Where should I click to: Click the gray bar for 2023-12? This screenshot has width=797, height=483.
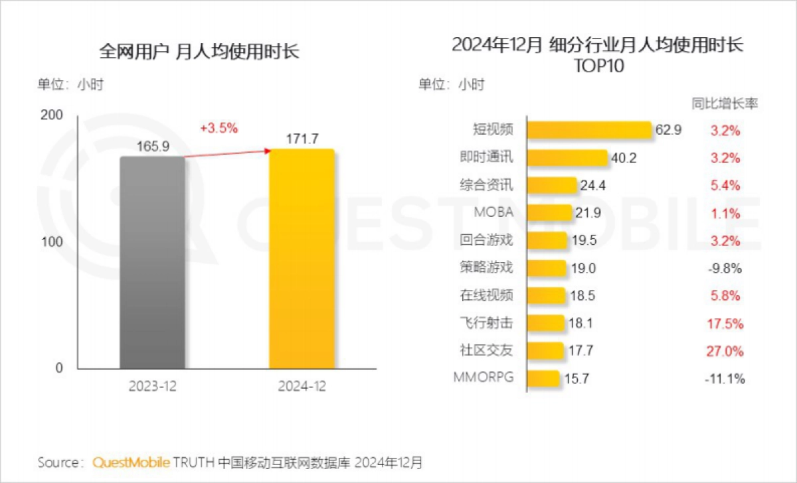[x=152, y=262]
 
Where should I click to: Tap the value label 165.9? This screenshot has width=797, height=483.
[x=153, y=146]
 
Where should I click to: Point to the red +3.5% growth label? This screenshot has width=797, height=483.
[x=219, y=128]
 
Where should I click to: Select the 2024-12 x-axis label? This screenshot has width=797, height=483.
[x=302, y=385]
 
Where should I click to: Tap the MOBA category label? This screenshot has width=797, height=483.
[x=493, y=212]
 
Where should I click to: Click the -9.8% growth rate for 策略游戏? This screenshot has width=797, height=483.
[x=725, y=269]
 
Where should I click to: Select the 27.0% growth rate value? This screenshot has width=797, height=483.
[x=725, y=351]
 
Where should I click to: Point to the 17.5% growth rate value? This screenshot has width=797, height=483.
[x=725, y=324]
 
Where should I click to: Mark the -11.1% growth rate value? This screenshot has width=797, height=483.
[x=725, y=379]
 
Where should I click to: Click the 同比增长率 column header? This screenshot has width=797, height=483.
[x=725, y=103]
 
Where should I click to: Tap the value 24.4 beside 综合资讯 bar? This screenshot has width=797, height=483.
[x=593, y=186]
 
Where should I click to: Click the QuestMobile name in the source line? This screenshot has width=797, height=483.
[x=132, y=462]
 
